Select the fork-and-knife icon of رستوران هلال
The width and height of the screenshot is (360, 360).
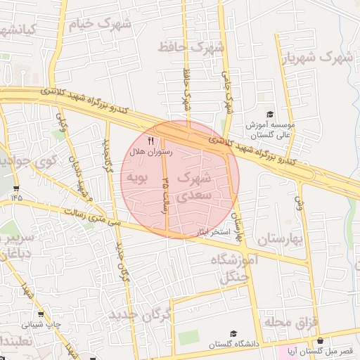(150, 141)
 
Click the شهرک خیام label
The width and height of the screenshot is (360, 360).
(101, 25)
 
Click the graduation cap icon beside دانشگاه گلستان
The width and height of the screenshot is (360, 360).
(233, 333)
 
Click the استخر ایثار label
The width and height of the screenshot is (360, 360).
(205, 231)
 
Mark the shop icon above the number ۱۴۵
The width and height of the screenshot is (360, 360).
(16, 188)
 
